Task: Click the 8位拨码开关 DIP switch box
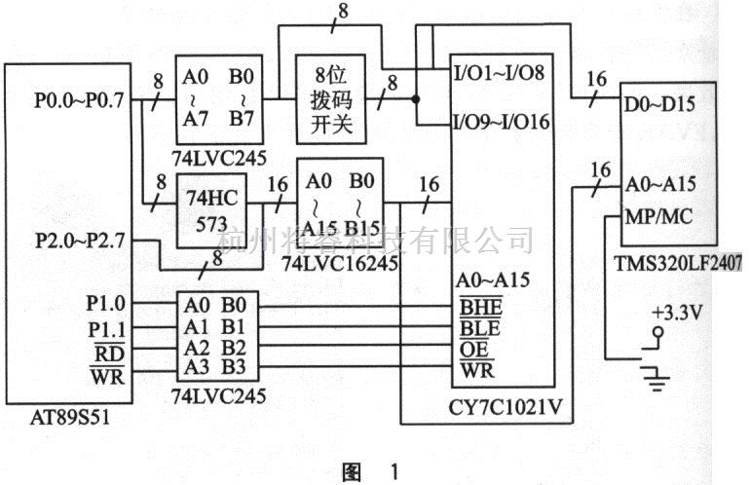click(x=329, y=99)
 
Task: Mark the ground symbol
click(x=659, y=374)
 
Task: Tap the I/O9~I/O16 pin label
click(x=496, y=125)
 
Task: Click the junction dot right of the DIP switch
click(x=416, y=99)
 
